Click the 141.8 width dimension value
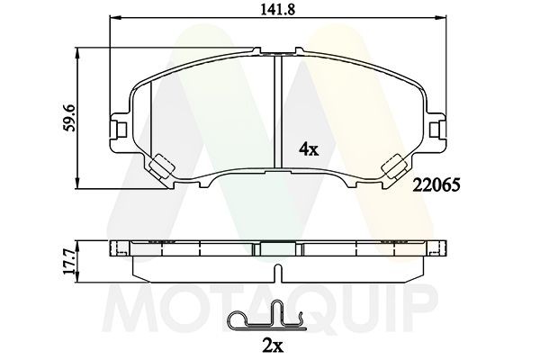pos(278,12)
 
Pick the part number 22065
pos(437,186)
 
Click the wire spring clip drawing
pos(264,319)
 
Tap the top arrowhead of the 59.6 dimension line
pos(82,51)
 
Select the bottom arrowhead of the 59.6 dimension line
pos(82,185)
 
